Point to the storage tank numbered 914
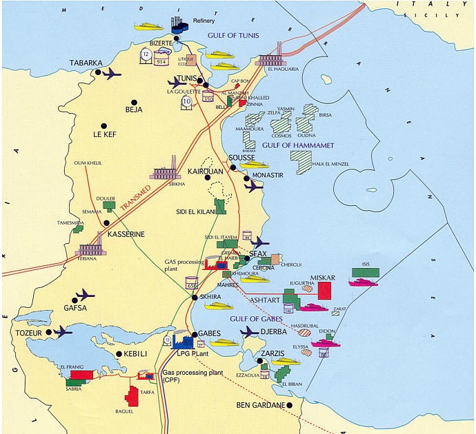(161, 61)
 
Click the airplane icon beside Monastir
(254, 186)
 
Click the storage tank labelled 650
(192, 283)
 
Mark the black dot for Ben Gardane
(290, 405)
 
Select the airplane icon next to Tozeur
(61, 332)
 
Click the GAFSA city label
(75, 308)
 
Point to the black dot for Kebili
(119, 354)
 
